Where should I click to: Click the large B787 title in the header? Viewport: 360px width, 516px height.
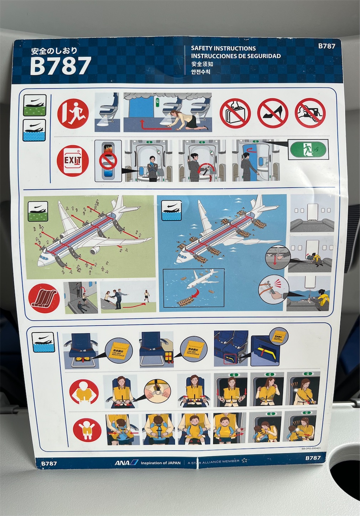point(60,66)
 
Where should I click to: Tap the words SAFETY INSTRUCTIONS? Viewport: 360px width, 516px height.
point(223,48)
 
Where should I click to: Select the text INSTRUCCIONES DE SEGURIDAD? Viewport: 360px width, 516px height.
point(236,56)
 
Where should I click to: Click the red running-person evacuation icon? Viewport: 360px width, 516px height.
point(73,114)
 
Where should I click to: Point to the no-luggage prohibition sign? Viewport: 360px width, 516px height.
point(235,113)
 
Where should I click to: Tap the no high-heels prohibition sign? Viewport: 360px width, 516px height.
point(272,113)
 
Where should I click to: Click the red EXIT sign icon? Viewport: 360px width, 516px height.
point(72,161)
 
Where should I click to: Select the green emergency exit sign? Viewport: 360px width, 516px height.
point(308,149)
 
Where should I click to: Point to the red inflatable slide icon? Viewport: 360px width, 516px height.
point(45,298)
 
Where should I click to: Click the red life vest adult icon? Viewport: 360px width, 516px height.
point(84,392)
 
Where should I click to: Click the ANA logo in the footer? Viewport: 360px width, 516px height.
point(126,463)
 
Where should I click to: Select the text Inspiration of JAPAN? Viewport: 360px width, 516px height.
point(160,463)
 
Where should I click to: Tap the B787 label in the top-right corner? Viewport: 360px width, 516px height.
point(326,46)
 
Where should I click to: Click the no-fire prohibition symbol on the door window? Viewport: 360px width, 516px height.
point(108,161)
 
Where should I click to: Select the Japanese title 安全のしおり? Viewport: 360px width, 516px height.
point(54,51)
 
